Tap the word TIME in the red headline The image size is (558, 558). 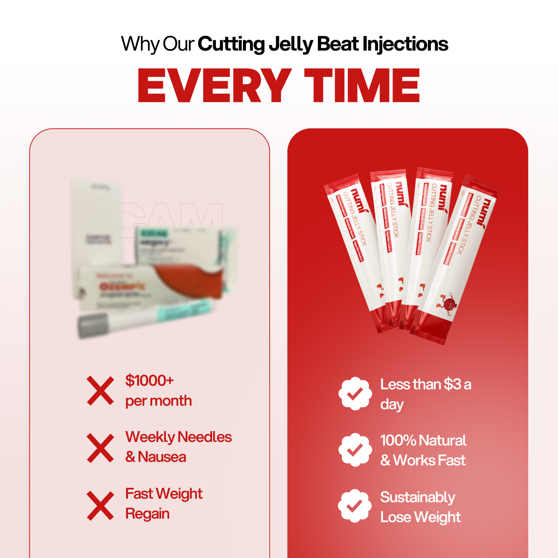click(x=362, y=86)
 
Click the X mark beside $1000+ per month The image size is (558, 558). click(x=100, y=391)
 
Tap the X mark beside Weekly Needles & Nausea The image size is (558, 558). click(x=100, y=448)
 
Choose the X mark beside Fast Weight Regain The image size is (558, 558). click(x=100, y=506)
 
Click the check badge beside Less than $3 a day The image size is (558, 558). click(x=355, y=394)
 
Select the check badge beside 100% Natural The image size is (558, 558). click(x=355, y=450)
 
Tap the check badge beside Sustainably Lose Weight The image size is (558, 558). click(x=355, y=506)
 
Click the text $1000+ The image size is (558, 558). click(x=149, y=381)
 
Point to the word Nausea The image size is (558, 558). click(x=162, y=457)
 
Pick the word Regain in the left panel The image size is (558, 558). click(x=147, y=514)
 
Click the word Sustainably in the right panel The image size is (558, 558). click(x=417, y=498)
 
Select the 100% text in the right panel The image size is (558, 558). click(x=398, y=440)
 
